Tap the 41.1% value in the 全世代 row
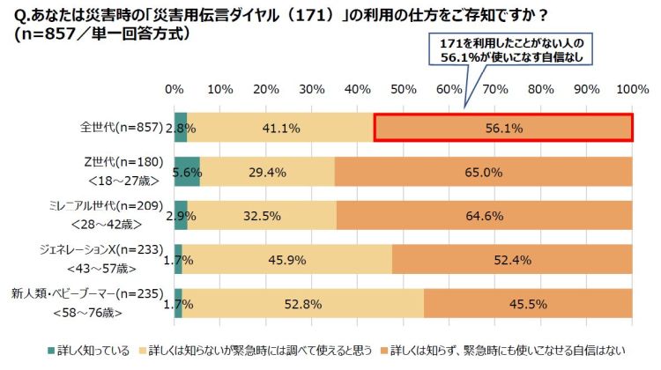[279, 128]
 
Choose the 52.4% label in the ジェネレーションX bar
[512, 259]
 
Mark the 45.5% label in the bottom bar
[529, 303]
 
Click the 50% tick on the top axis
[403, 90]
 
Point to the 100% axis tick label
[631, 90]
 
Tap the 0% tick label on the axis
[175, 90]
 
